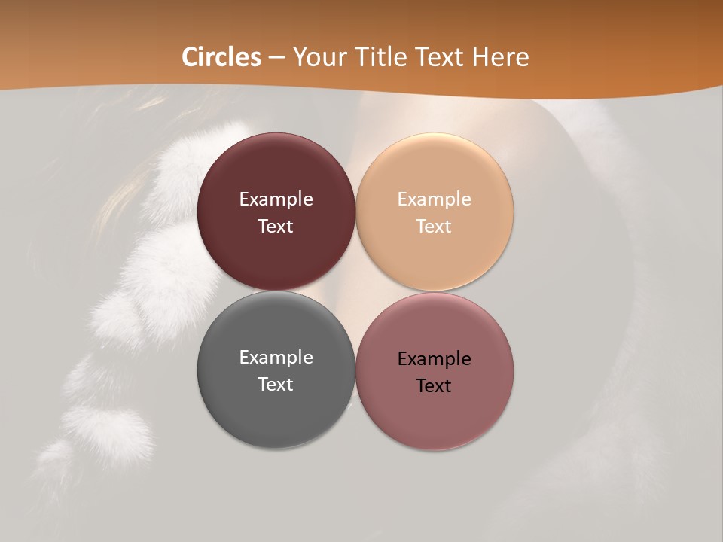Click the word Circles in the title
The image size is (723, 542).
221,57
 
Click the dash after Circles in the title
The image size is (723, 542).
276,58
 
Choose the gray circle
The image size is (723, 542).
276,406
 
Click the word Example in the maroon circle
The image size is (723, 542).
276,199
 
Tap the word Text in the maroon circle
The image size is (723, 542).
276,226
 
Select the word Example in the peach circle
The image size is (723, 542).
434,199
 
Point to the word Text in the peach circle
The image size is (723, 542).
434,226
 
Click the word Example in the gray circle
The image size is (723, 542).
276,357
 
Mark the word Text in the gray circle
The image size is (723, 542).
276,384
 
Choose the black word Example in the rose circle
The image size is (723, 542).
434,358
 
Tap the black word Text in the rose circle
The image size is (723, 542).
434,385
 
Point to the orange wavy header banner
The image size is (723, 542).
618,45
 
